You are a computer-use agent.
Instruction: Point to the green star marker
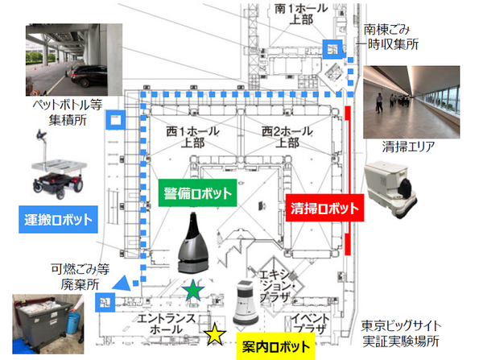point(192,292)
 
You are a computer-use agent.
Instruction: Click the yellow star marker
point(215,333)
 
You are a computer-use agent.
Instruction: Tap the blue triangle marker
point(121,282)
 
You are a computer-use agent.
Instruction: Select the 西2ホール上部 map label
point(284,135)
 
